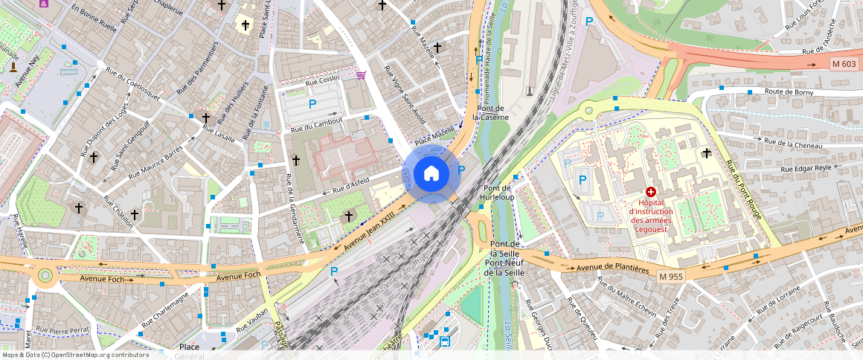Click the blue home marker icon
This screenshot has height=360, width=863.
tap(431, 174)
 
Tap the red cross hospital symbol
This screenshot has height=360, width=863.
tap(650, 192)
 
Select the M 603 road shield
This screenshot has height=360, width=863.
tap(844, 65)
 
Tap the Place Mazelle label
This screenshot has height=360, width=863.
tap(434, 135)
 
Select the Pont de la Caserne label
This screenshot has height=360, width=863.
tap(493, 112)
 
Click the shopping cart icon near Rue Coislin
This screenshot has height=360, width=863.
tap(361, 74)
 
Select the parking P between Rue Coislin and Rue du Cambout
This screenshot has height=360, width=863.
tap(312, 103)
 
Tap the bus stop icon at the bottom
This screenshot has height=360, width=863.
tap(444, 341)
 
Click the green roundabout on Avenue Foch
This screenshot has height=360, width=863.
tap(45, 275)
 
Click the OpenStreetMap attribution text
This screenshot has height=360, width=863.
tap(74, 355)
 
